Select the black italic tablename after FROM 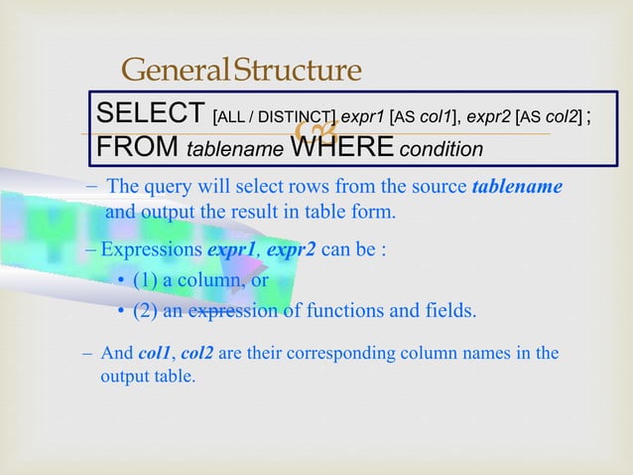[x=235, y=149]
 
